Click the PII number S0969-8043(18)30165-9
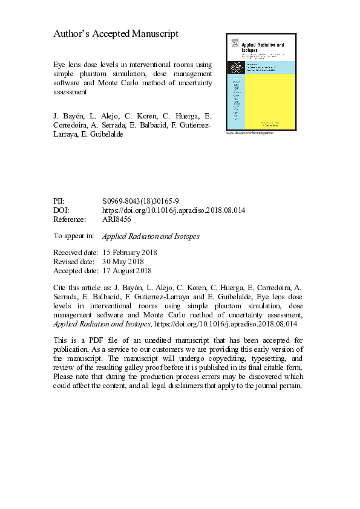coord(140,200)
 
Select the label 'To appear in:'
coord(74,236)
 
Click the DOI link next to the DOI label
coord(173,210)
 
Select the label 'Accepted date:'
coord(76,271)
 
